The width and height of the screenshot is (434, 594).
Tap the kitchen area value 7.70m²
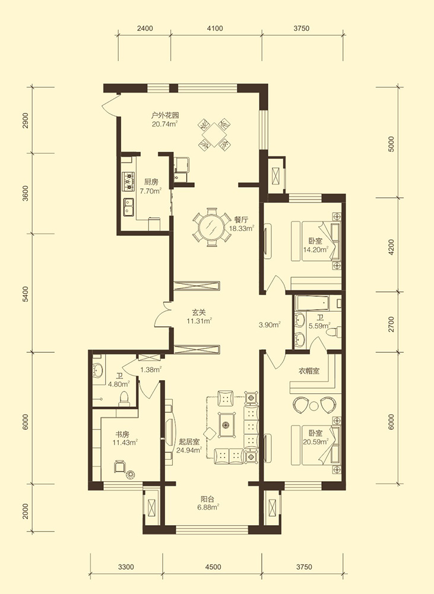click(151, 191)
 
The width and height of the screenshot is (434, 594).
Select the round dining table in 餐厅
click(212, 227)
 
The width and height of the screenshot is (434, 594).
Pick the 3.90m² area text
click(270, 325)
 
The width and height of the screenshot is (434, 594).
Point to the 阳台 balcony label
click(208, 500)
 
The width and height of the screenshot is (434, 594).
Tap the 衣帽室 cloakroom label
click(309, 371)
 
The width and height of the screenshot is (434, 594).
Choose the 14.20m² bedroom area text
click(316, 249)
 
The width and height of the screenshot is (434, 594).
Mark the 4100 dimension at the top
click(215, 28)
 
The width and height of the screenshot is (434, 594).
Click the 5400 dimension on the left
click(25, 294)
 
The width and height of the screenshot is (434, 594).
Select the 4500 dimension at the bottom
click(213, 567)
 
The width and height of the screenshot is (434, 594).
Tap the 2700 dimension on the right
click(391, 324)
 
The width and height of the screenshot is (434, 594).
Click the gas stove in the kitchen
click(129, 181)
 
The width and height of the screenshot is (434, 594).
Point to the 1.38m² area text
click(151, 369)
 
